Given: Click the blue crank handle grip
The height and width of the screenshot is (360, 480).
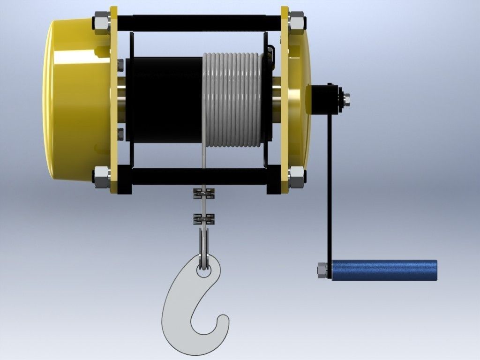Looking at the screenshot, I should [x=384, y=270].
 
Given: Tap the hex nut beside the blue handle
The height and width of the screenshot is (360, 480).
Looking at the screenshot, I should [x=322, y=270].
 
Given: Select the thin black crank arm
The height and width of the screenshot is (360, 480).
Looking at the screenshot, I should [x=330, y=187].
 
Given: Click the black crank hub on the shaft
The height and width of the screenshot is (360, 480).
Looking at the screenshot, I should [x=323, y=99].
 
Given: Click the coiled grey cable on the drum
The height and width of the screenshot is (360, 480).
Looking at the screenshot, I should [x=232, y=99].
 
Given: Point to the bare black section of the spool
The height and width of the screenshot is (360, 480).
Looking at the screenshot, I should [x=166, y=99].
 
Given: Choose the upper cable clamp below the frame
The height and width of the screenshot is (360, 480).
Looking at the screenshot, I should [x=203, y=193].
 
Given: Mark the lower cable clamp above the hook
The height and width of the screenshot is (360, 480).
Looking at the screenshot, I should [x=203, y=218].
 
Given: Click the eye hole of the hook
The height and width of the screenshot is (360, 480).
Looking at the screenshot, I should [x=203, y=266].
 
